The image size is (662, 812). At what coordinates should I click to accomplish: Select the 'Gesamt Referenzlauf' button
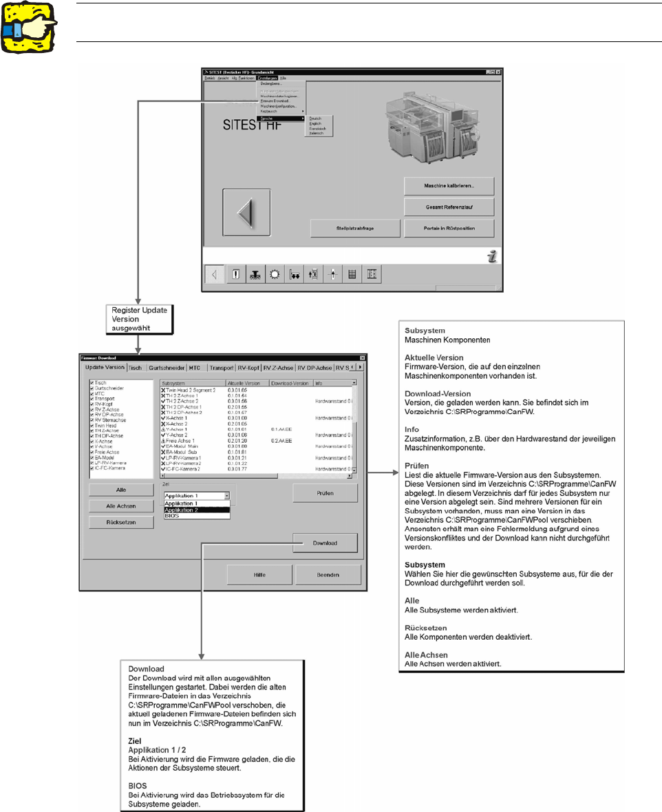tap(449, 207)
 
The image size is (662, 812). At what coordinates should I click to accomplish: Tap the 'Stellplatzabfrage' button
tap(354, 228)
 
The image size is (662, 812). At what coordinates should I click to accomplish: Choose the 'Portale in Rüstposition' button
tap(449, 228)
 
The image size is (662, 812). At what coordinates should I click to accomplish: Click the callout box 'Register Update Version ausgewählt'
tap(137, 319)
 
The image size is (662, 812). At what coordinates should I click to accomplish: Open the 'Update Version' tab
tap(105, 367)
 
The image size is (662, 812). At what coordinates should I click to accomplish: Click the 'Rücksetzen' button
tap(120, 522)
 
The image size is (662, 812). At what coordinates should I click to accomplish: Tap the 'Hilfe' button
tap(259, 574)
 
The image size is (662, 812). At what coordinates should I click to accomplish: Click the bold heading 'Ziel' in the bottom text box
tap(135, 741)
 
